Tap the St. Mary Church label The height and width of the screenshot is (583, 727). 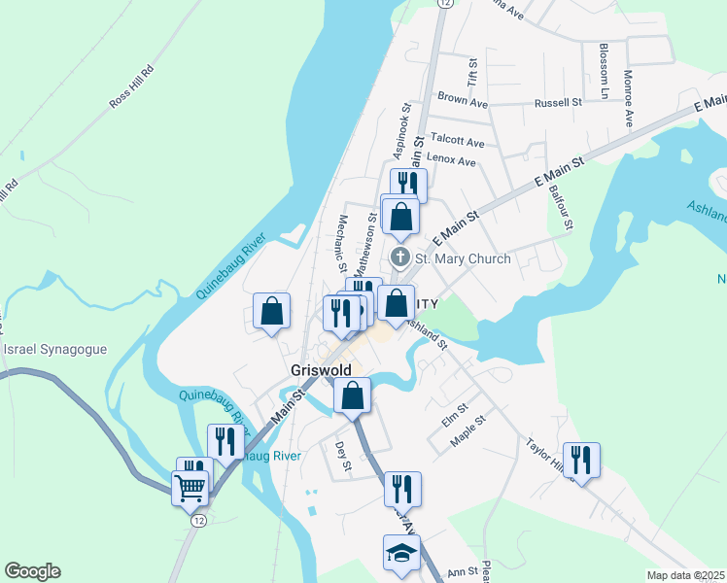coord(463,258)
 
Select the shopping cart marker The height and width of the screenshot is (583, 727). coord(190,487)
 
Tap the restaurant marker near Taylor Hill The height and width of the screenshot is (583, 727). coord(581,460)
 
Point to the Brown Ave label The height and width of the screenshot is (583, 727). coord(462,99)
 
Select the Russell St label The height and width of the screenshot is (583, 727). coord(558,102)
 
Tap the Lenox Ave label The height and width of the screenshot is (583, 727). coord(453,161)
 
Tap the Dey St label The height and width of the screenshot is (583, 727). coord(341,458)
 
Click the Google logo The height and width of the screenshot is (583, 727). coord(32,571)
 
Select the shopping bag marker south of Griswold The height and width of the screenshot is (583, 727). coord(352,394)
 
